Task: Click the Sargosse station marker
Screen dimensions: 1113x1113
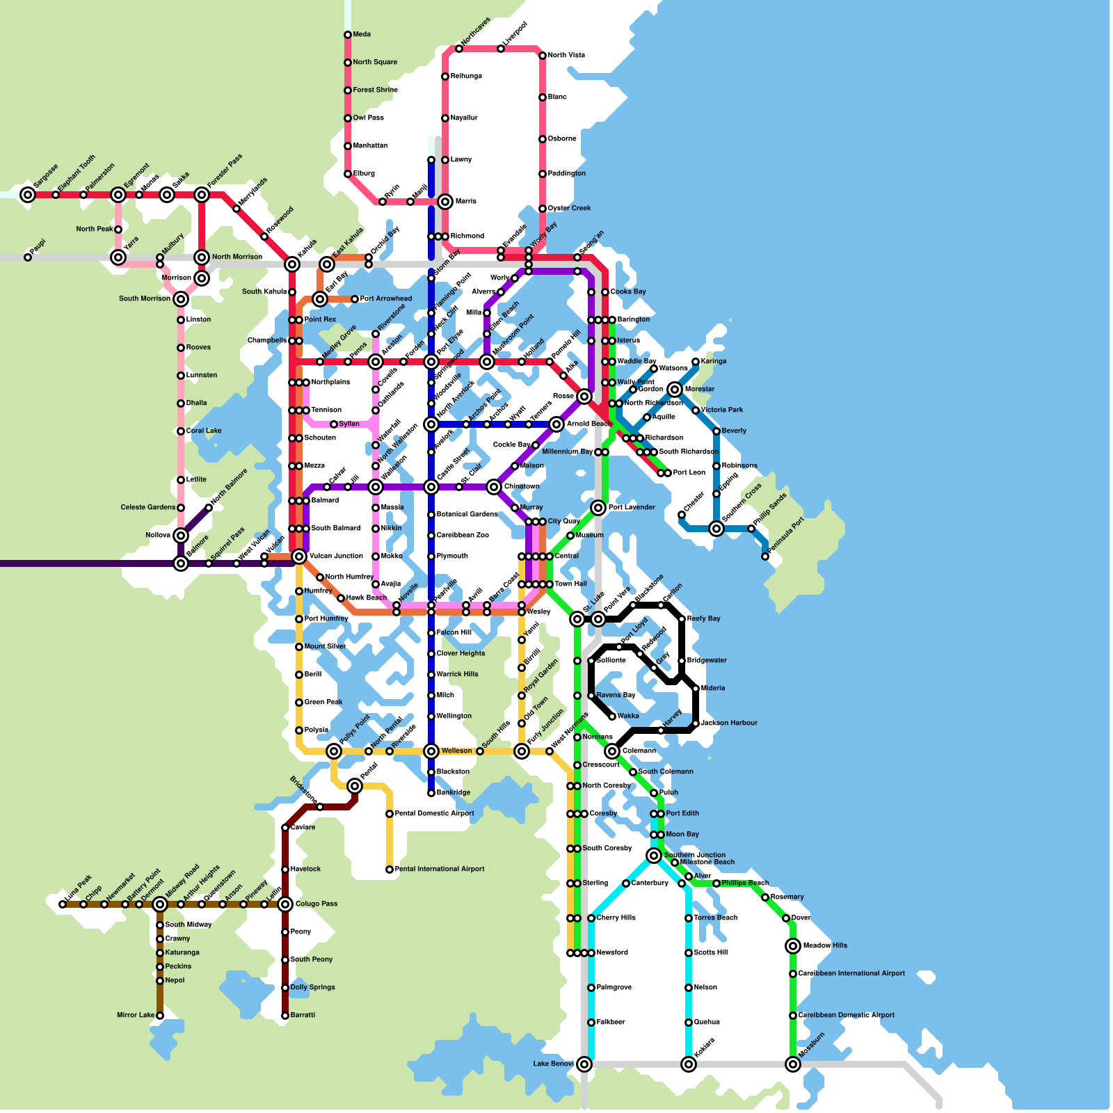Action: (x=28, y=195)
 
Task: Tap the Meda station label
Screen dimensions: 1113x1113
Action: (x=362, y=34)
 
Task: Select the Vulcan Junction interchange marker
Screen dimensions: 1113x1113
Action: (x=299, y=556)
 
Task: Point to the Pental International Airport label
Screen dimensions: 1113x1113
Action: (x=439, y=869)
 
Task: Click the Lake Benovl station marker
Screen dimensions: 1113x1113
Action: (x=584, y=1064)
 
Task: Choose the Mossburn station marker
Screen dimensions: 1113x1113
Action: (x=793, y=1064)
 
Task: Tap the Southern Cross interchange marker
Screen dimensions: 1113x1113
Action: (x=716, y=529)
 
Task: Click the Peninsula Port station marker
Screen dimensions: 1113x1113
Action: (x=765, y=556)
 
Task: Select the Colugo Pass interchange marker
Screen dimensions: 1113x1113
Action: (x=285, y=904)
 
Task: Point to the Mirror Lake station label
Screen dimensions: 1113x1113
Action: (x=136, y=1015)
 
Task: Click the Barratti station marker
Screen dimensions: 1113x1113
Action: (x=285, y=1016)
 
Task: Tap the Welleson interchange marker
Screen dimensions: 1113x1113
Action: (x=431, y=751)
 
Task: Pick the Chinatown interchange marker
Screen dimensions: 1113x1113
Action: (x=494, y=487)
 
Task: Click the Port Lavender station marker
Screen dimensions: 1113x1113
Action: (x=598, y=508)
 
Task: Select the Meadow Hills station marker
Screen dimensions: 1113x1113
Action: (x=793, y=946)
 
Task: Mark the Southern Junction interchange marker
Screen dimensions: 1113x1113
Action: (x=654, y=856)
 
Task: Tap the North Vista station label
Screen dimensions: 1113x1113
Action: (x=566, y=55)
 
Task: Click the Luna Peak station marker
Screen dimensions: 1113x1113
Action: (x=63, y=904)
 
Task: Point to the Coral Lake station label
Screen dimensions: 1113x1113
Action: (x=203, y=431)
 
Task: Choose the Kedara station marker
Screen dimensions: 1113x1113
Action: (x=689, y=1064)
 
